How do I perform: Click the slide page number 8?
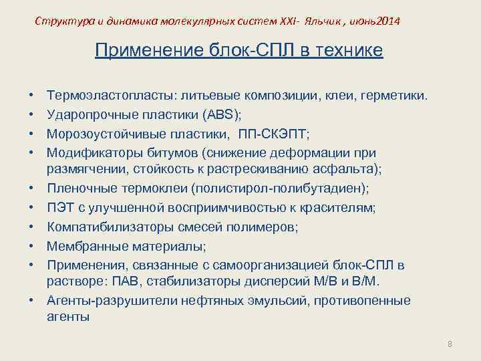450,344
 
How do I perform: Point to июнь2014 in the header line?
377,21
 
